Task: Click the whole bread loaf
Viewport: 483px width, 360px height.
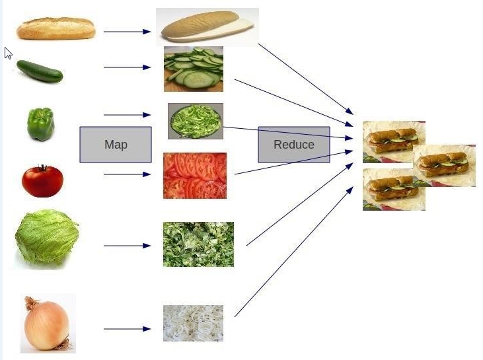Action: click(56, 28)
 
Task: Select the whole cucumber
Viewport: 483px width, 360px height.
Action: click(40, 71)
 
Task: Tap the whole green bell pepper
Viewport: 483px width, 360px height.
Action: click(40, 124)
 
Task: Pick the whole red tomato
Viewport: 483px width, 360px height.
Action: click(42, 181)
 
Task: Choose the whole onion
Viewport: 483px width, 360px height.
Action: click(46, 324)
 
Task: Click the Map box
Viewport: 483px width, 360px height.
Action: click(116, 145)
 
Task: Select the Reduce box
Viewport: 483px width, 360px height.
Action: click(293, 145)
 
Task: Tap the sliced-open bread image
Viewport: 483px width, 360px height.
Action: click(207, 26)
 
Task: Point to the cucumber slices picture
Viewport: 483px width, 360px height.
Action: click(194, 69)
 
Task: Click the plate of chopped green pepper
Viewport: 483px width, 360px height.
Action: click(196, 121)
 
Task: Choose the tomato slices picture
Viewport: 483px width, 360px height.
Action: click(195, 176)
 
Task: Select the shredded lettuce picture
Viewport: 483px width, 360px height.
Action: click(198, 244)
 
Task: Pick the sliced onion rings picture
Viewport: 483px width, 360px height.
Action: click(193, 323)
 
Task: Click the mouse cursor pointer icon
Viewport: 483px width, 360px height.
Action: click(8, 53)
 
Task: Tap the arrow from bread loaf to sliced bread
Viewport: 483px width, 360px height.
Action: click(127, 31)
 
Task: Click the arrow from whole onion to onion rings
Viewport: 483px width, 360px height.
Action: click(127, 328)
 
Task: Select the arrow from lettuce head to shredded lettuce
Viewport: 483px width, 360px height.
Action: click(127, 246)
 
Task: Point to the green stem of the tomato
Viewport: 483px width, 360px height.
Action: click(42, 167)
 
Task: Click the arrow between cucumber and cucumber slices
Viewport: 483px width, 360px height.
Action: click(127, 67)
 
